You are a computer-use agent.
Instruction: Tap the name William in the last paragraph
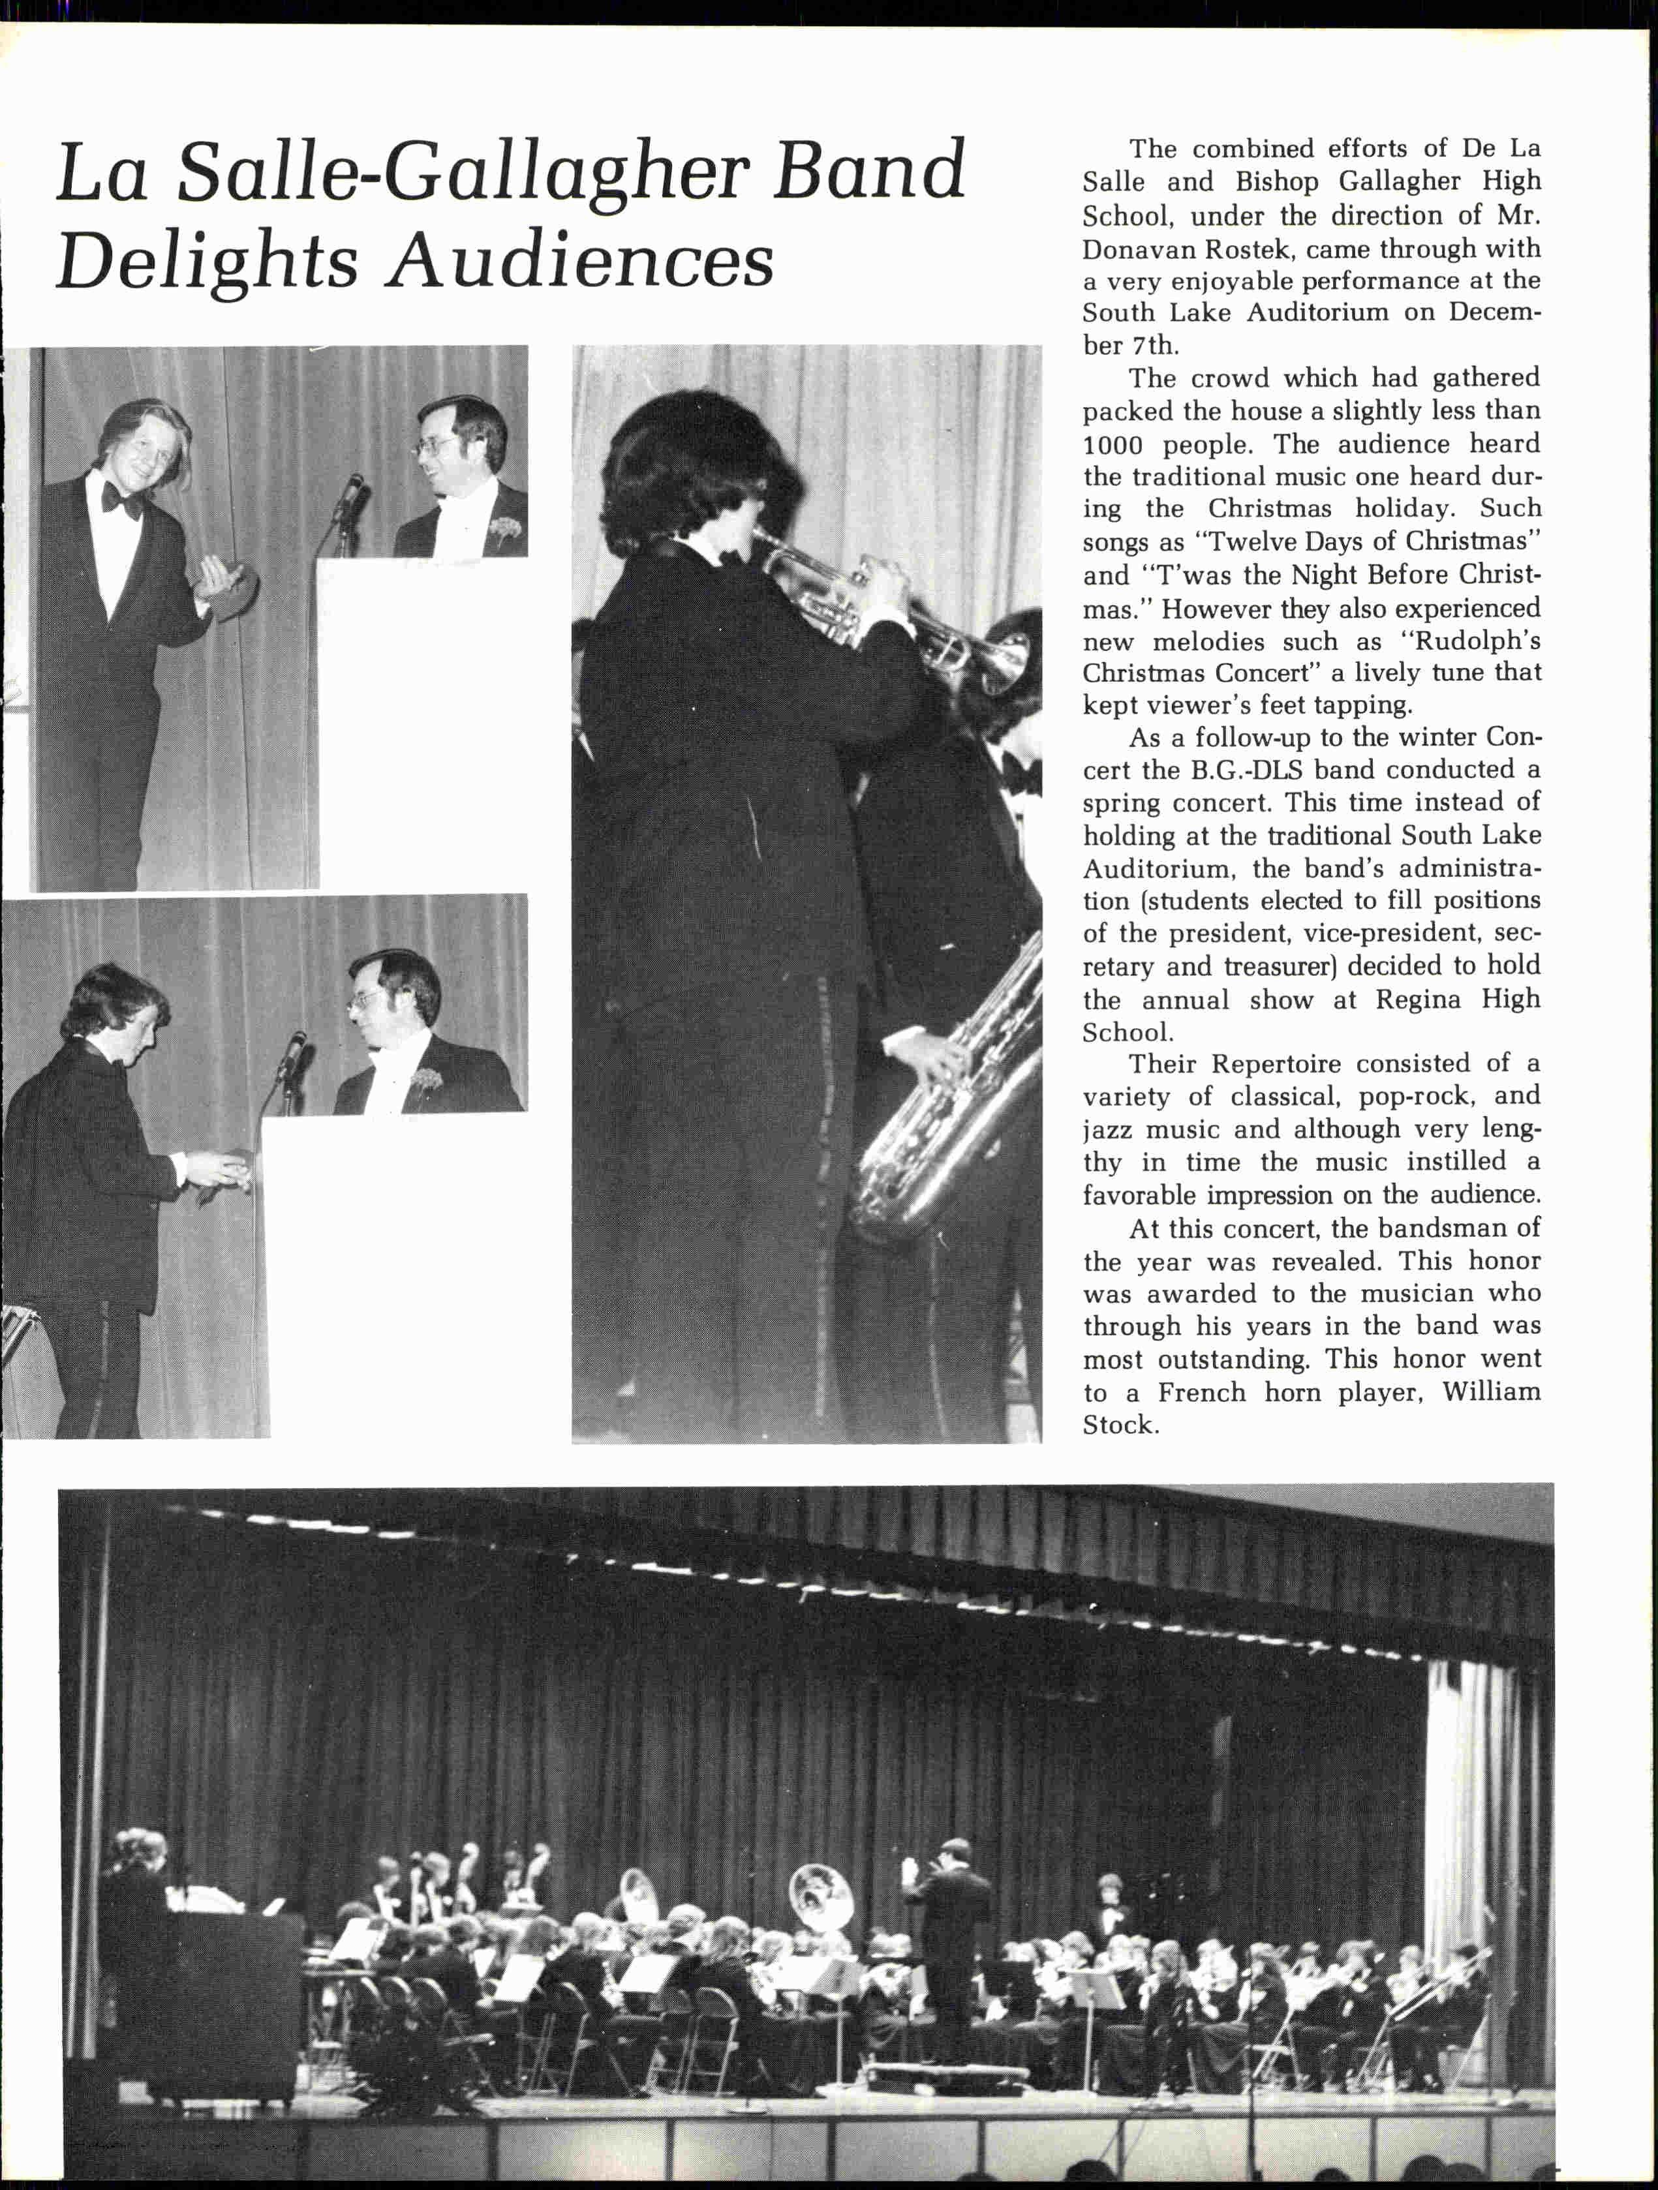coord(1490,1392)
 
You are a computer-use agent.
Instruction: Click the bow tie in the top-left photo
coord(123,500)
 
